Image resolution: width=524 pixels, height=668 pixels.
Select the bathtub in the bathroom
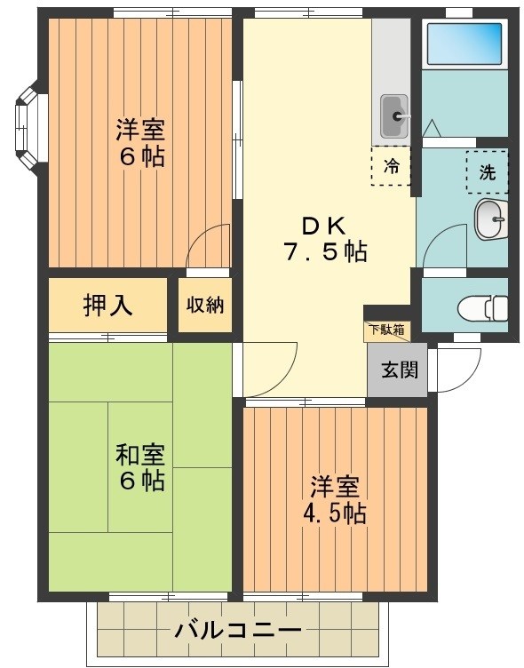click(x=464, y=43)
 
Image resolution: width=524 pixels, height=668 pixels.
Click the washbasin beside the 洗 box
click(x=489, y=219)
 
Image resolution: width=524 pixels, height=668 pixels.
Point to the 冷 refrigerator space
click(x=391, y=166)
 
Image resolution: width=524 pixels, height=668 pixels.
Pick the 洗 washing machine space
click(x=487, y=172)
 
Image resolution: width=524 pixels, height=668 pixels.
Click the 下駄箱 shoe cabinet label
click(x=386, y=330)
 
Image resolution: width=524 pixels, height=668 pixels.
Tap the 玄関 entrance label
click(x=397, y=370)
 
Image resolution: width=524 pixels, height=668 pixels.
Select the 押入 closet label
click(x=107, y=305)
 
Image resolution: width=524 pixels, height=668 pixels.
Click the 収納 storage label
click(x=205, y=305)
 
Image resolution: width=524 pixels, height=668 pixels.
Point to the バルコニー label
click(x=237, y=631)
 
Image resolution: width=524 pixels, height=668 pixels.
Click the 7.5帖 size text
click(x=325, y=251)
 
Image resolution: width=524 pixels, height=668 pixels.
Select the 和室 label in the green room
click(x=139, y=455)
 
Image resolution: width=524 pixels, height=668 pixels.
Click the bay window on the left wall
click(x=27, y=125)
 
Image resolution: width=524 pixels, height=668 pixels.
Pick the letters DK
click(x=326, y=223)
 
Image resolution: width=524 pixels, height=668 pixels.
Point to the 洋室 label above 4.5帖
click(x=335, y=487)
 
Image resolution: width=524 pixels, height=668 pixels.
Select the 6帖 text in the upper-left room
click(x=140, y=157)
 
